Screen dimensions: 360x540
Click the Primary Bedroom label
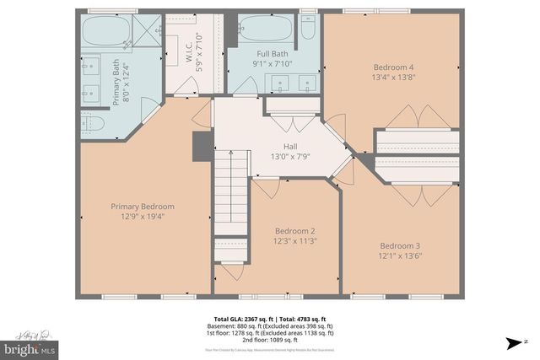click(143, 207)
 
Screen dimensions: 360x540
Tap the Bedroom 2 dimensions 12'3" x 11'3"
click(295, 242)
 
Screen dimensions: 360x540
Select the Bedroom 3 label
click(398, 244)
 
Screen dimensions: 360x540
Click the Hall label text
click(290, 146)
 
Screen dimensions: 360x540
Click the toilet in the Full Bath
click(308, 30)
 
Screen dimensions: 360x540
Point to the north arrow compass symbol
click(513, 342)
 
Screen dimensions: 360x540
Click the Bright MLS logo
click(30, 347)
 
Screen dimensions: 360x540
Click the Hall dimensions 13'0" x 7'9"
click(291, 156)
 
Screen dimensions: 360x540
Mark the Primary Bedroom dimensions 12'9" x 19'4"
click(143, 217)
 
